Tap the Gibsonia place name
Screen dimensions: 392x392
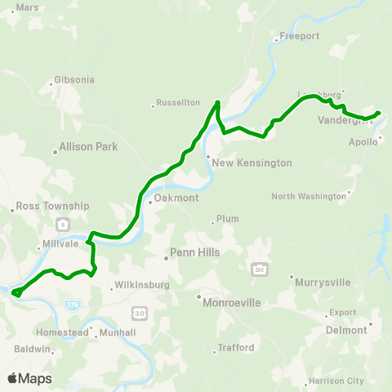(74, 80)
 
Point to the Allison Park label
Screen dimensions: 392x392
(89, 148)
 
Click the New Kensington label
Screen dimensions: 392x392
(252, 163)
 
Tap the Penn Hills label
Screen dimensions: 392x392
(194, 253)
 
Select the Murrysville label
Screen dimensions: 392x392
(324, 282)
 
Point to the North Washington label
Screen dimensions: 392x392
(309, 196)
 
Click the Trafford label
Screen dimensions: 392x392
(237, 348)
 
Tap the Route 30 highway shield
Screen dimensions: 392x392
(140, 313)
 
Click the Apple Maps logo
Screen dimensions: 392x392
(29, 378)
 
